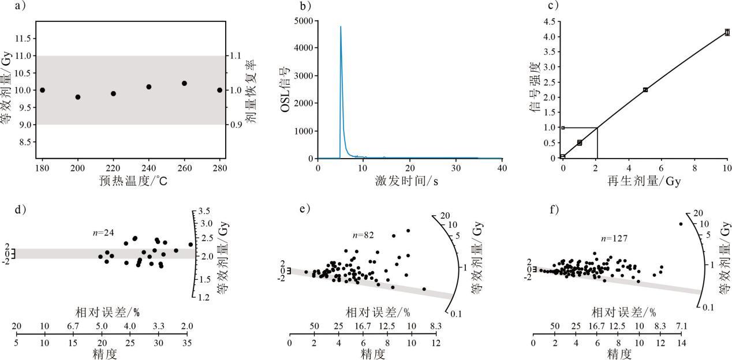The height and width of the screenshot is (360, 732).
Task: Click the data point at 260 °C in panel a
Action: (x=184, y=83)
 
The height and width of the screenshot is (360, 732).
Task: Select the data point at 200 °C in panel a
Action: (x=78, y=97)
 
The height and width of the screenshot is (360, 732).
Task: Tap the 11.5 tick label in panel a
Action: (x=21, y=38)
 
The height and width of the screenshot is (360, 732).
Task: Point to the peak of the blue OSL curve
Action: (x=341, y=27)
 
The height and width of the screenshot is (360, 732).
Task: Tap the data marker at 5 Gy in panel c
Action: (x=645, y=89)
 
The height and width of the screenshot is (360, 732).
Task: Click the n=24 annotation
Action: (x=104, y=232)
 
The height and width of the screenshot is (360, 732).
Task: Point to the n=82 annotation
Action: (x=364, y=235)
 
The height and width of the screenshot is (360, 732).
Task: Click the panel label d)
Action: (x=19, y=209)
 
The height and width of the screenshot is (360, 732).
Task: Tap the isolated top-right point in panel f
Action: (x=681, y=224)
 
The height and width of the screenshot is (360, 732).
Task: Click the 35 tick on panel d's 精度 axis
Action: (x=186, y=343)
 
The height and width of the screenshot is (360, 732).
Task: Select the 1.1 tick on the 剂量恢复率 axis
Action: (x=237, y=56)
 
